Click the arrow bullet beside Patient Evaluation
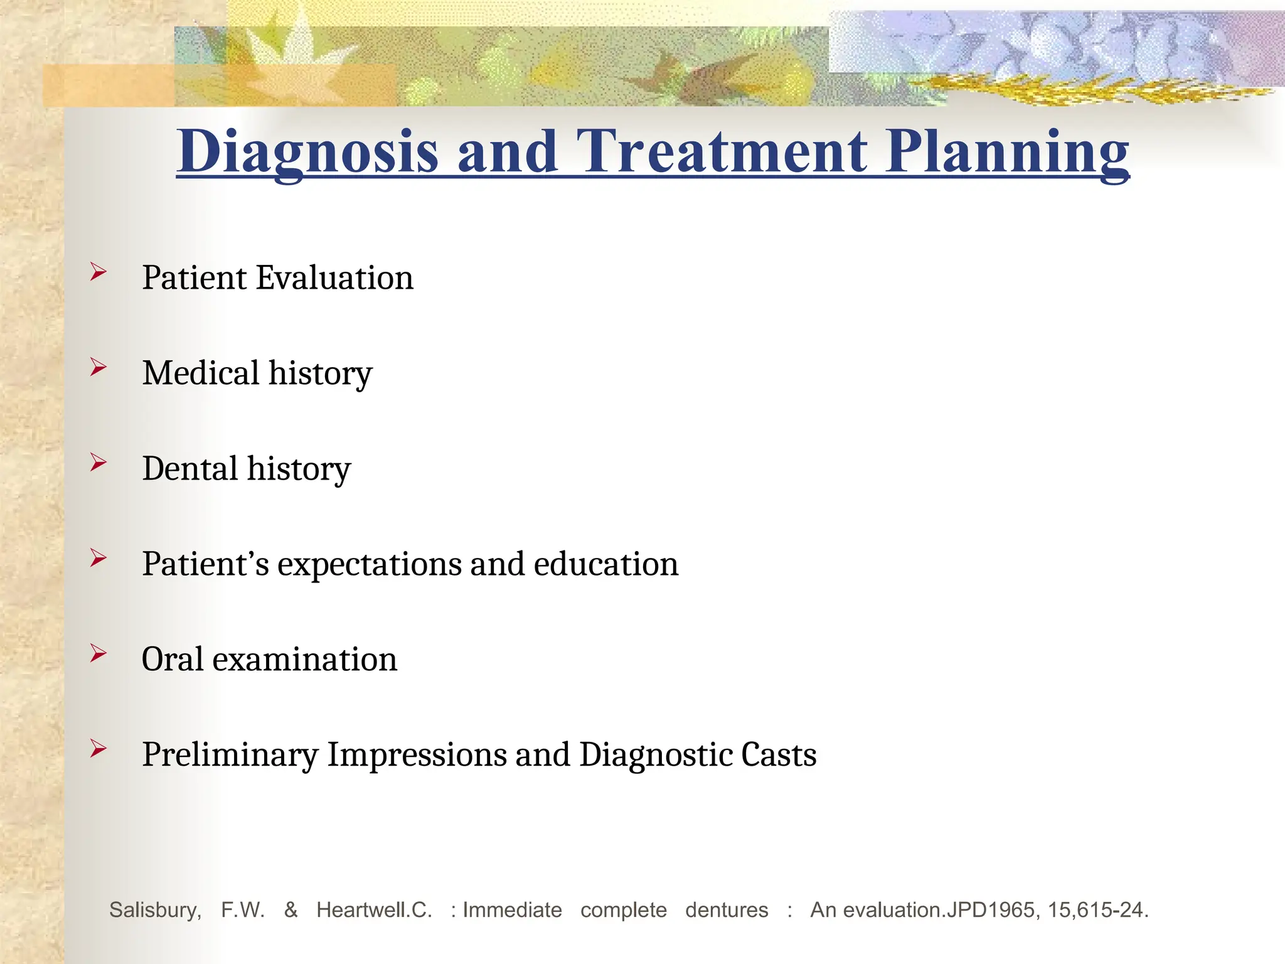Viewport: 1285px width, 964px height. click(x=99, y=272)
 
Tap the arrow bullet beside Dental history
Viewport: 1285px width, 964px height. click(x=99, y=463)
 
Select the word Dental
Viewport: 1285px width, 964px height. click(x=190, y=468)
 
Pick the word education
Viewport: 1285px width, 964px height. click(x=606, y=564)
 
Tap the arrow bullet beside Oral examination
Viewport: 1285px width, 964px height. click(x=99, y=653)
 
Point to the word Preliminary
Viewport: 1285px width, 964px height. click(x=230, y=755)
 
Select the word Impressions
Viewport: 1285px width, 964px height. click(x=417, y=755)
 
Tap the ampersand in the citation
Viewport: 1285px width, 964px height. click(x=291, y=909)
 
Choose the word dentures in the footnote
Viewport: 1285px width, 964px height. click(x=727, y=910)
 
